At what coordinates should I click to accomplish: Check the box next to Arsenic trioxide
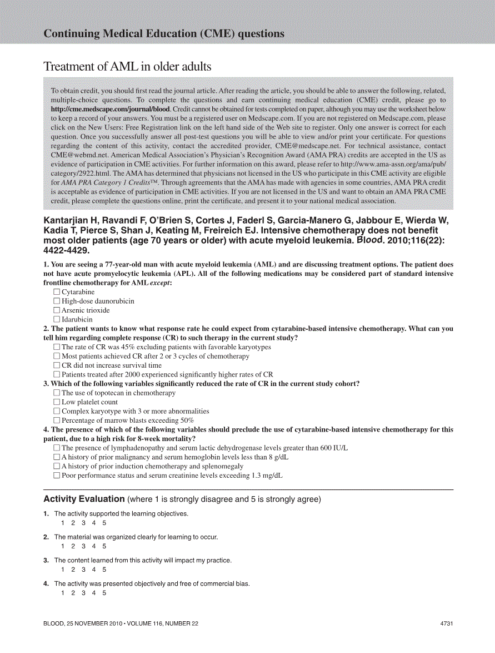57,310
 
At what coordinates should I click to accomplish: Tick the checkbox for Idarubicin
57,319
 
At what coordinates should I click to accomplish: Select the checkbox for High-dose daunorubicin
57,301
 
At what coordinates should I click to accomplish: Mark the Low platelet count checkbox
57,402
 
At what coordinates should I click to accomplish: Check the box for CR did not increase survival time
57,365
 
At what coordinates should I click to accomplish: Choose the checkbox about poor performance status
57,476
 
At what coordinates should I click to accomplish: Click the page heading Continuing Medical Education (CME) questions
164,34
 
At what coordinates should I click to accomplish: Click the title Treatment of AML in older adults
127,67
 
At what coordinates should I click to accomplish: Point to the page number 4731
447,624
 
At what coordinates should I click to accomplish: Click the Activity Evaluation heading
84,499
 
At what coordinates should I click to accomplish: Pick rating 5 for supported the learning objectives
104,523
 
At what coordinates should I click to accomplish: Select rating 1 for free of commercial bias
63,593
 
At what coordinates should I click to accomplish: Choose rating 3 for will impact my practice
83,570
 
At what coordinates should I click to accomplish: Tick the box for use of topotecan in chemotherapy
57,393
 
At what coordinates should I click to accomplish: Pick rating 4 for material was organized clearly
94,546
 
